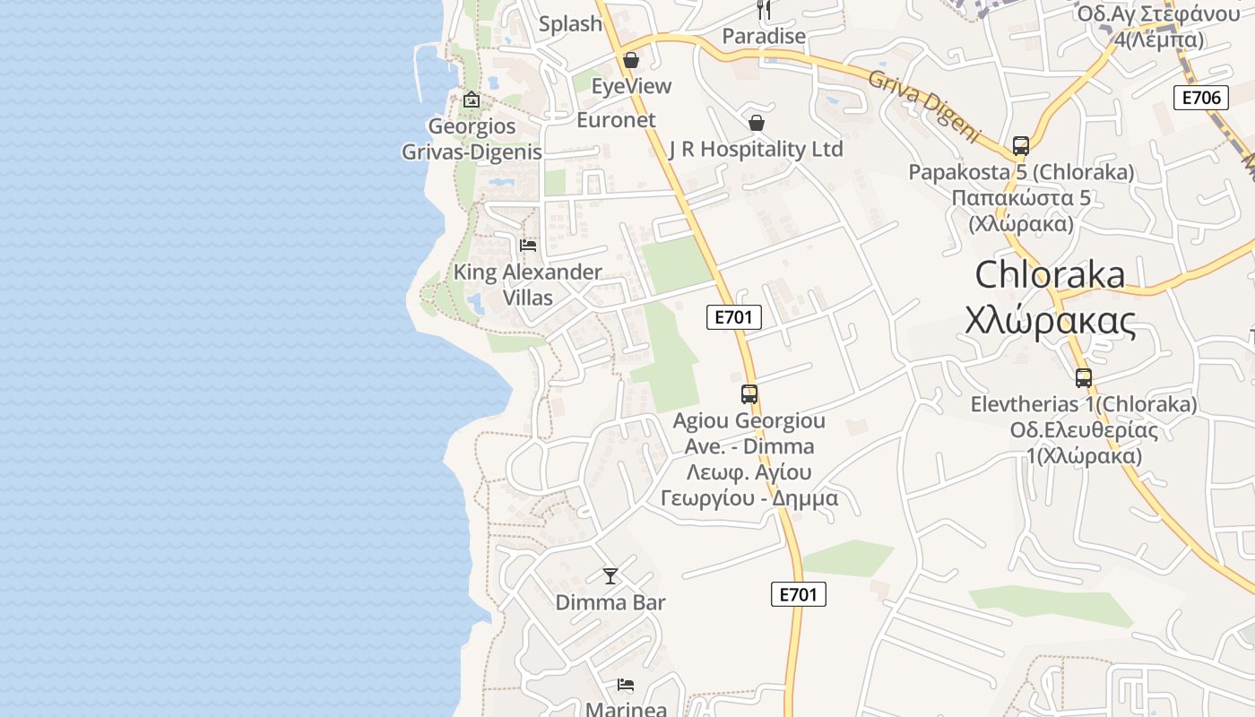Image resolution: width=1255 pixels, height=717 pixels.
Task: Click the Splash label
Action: (x=570, y=24)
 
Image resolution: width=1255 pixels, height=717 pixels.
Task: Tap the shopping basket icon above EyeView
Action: (x=631, y=60)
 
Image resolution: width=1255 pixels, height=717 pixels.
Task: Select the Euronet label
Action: (x=616, y=119)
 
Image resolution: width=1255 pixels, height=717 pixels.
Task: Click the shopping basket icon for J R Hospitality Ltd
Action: (x=757, y=123)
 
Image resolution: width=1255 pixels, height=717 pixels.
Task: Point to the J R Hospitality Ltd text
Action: (x=756, y=149)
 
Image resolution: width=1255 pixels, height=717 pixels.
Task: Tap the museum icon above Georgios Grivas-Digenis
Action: (x=472, y=99)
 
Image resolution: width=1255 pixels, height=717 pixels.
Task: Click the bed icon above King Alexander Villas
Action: (x=528, y=245)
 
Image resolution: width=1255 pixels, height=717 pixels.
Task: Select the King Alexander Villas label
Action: (x=528, y=284)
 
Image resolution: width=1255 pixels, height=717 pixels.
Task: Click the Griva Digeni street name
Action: (x=924, y=105)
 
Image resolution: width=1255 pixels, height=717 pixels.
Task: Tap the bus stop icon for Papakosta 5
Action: (x=1020, y=145)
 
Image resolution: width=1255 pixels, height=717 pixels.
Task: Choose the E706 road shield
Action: (x=1200, y=98)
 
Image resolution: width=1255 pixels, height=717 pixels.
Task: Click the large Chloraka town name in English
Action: (x=1050, y=274)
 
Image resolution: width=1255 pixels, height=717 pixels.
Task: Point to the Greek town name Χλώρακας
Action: (x=1050, y=320)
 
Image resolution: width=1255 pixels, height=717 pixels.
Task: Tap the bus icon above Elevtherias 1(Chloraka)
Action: (x=1084, y=378)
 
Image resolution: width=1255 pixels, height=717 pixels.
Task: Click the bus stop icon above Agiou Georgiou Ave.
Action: (x=749, y=393)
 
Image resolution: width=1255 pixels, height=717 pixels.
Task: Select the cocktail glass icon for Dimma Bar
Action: (x=610, y=576)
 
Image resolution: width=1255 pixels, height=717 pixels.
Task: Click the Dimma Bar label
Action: (x=610, y=602)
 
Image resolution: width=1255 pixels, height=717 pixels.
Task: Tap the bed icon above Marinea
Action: (x=626, y=686)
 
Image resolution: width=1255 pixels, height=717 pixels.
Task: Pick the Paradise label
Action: (x=764, y=37)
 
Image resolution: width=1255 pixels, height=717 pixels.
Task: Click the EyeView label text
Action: (x=631, y=86)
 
